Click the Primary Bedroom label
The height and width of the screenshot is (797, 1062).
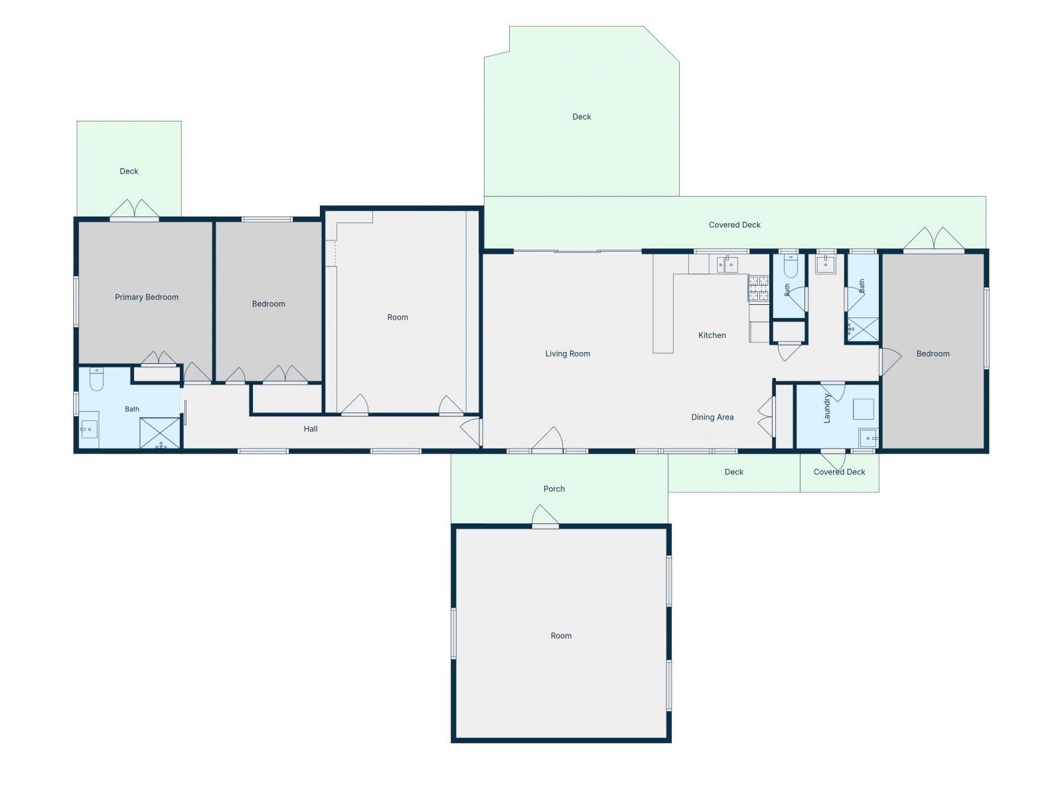coord(147,297)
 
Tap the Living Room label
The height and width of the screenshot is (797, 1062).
coord(568,354)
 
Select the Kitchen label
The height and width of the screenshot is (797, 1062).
coord(712,335)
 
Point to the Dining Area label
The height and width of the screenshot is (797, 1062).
coord(712,417)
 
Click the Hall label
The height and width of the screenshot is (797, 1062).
coord(311,429)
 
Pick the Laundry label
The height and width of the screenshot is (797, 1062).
coord(827,408)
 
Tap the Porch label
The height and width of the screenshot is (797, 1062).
coord(554,489)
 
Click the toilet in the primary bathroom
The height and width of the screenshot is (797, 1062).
coord(96,379)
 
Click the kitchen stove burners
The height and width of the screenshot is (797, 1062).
coord(758,288)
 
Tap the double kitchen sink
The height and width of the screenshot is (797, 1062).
coord(727,264)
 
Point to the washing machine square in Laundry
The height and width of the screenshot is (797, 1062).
coord(863,409)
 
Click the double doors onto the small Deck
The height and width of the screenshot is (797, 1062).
coord(134,209)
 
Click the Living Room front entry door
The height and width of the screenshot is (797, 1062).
coord(547,440)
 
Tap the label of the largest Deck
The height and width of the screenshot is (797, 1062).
coord(581,117)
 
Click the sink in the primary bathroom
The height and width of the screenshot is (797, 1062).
coord(88,429)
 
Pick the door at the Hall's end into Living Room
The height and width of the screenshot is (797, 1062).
coord(471,432)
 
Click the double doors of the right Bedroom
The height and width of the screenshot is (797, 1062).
coord(933,239)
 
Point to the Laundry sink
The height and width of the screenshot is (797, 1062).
coord(868,438)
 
